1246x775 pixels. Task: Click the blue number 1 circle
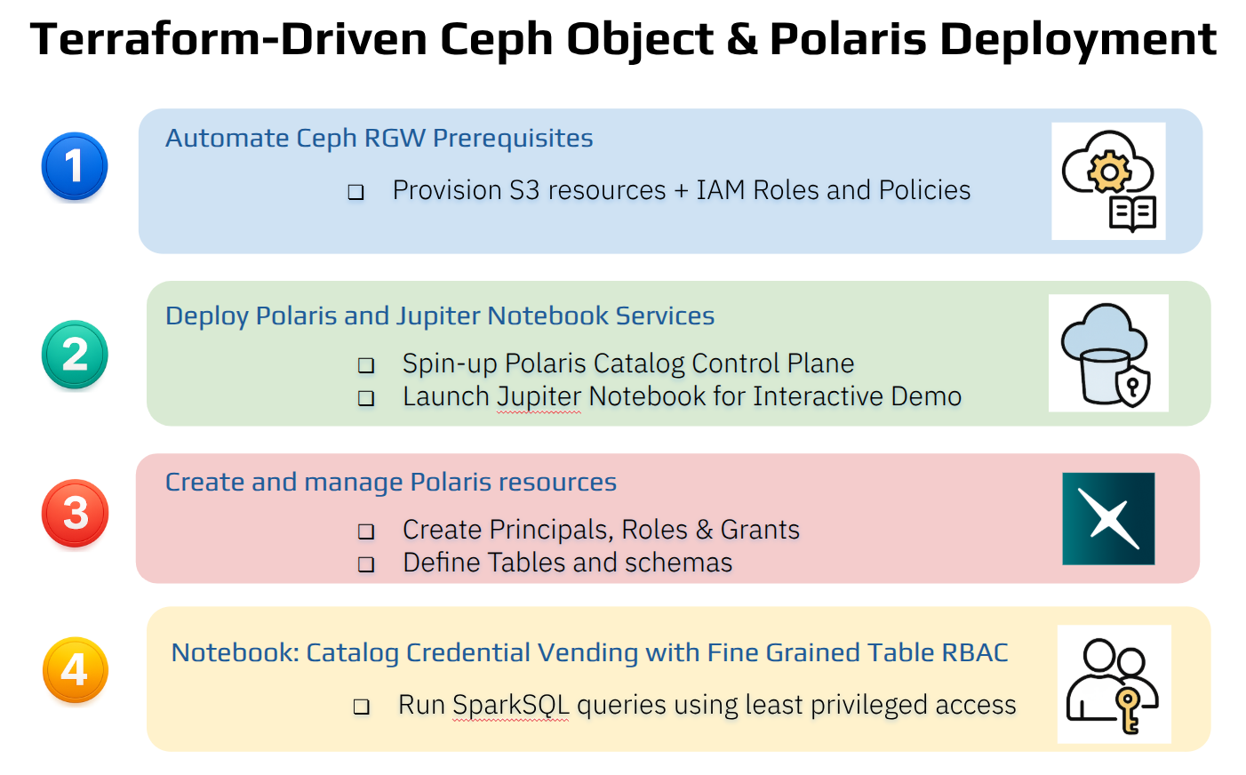[x=75, y=166]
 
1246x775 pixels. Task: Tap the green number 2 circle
[x=75, y=354]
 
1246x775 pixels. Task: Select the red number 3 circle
[x=75, y=513]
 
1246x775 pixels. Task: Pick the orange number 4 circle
[x=75, y=669]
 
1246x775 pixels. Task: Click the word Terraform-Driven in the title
[x=228, y=39]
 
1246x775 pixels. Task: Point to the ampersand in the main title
[x=742, y=39]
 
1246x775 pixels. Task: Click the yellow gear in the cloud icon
[x=1109, y=172]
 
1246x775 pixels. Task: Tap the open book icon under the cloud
[x=1133, y=213]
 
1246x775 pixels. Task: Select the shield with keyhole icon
[x=1133, y=386]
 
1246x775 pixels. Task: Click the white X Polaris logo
[x=1108, y=518]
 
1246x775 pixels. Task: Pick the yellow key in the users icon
[x=1129, y=710]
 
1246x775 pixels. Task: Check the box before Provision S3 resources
[x=356, y=192]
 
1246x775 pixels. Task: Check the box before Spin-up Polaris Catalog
[x=366, y=365]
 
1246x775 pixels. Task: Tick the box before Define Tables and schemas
[x=366, y=564]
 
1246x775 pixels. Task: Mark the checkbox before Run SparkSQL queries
[x=362, y=707]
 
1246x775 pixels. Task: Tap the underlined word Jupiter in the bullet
[x=539, y=396]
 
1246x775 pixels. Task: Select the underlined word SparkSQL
[x=511, y=705]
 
